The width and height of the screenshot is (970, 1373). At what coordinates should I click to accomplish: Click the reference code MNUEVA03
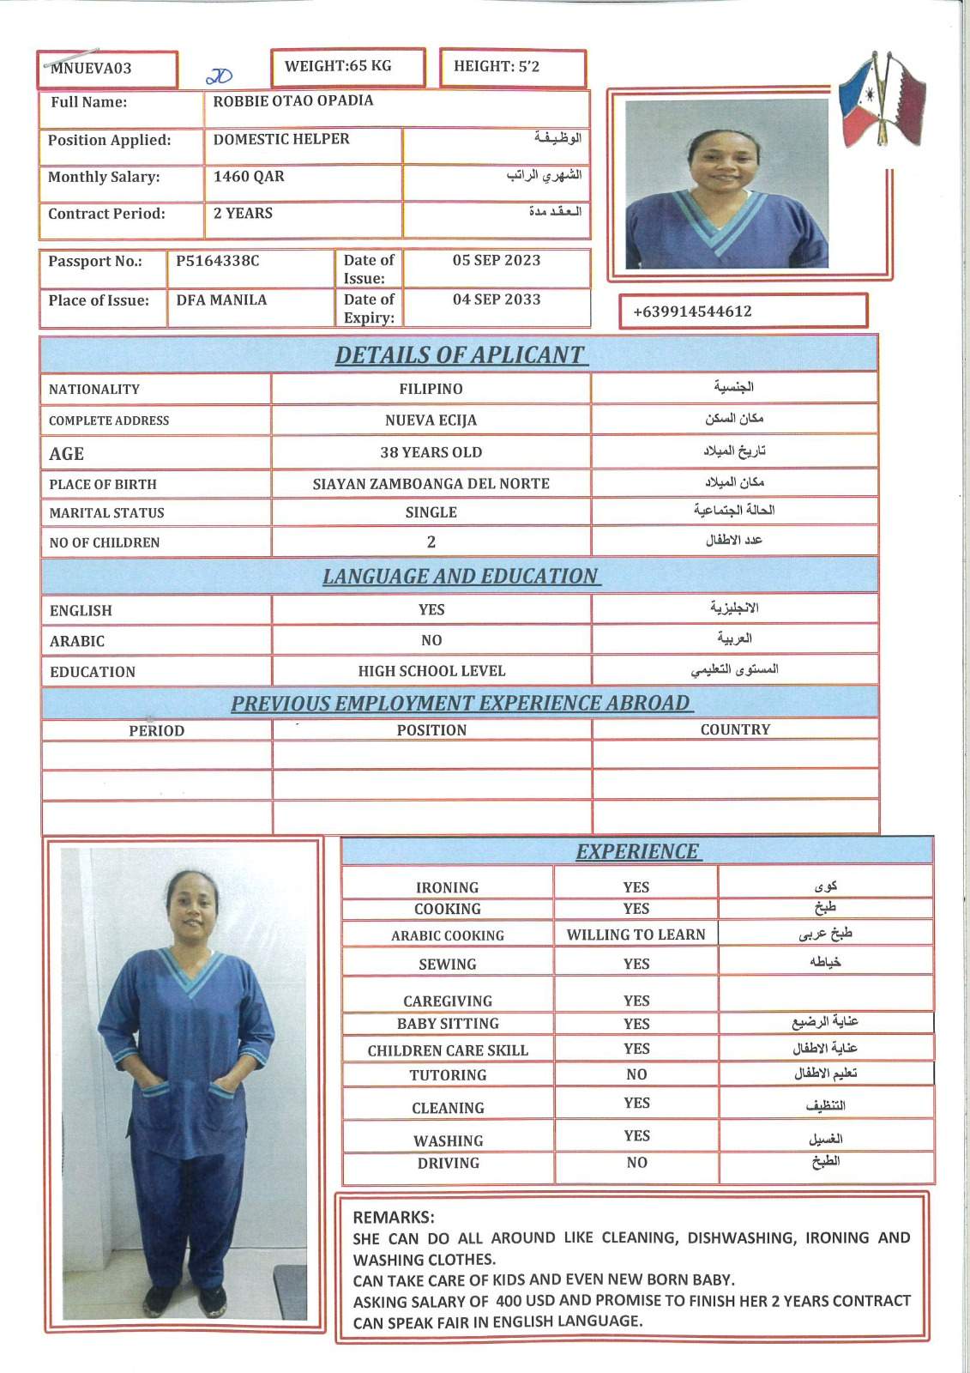[91, 69]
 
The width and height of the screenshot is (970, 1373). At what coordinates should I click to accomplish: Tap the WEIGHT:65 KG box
[338, 66]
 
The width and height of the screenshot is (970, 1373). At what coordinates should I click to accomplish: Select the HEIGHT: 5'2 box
[497, 67]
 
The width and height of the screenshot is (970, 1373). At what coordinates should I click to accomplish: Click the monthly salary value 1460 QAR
[249, 177]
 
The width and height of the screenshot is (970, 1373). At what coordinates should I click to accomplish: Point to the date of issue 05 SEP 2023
[497, 260]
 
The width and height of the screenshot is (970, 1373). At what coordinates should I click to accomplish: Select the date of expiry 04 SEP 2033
[497, 299]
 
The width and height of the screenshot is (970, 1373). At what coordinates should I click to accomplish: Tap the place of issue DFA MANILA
[221, 300]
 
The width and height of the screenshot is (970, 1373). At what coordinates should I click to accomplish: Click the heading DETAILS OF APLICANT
[460, 355]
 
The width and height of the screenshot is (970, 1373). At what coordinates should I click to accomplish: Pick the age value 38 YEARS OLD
[431, 452]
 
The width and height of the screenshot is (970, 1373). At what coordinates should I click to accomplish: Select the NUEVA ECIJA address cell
[431, 420]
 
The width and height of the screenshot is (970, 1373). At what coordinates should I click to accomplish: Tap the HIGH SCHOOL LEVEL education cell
[431, 671]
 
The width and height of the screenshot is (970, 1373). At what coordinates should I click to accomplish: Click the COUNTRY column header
[735, 729]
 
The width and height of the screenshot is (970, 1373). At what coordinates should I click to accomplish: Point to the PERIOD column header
[157, 731]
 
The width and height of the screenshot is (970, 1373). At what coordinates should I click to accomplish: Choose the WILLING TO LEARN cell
[636, 934]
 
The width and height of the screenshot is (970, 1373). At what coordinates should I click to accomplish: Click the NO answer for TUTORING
[636, 1074]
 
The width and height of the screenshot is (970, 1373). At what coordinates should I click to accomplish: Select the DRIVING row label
[448, 1164]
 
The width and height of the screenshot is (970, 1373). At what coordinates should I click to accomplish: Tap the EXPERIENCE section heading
[637, 852]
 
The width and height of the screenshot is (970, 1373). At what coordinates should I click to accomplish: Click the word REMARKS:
[394, 1218]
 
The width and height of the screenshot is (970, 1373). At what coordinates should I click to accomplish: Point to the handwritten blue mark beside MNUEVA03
[220, 76]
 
